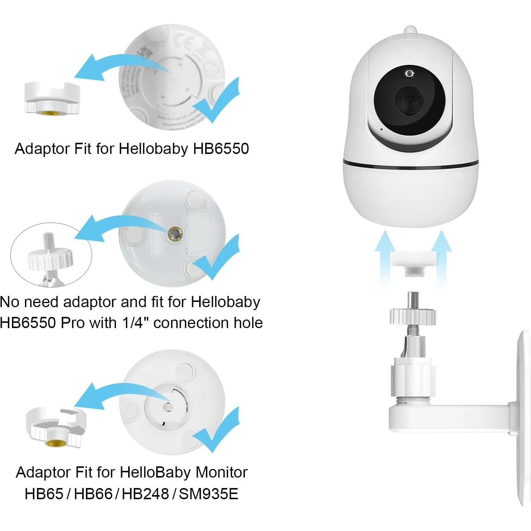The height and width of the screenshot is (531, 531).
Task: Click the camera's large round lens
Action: pyautogui.click(x=409, y=99)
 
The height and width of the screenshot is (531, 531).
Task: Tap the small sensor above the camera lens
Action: pyautogui.click(x=409, y=73)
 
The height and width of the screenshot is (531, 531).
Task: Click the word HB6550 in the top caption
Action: pyautogui.click(x=221, y=149)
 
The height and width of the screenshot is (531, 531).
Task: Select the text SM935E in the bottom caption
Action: pyautogui.click(x=209, y=494)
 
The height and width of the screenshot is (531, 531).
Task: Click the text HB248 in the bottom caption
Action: pyautogui.click(x=145, y=494)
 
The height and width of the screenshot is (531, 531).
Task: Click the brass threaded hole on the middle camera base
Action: pyautogui.click(x=175, y=234)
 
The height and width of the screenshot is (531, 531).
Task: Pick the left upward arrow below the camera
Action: pyautogui.click(x=385, y=258)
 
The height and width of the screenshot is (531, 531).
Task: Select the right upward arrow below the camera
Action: pyautogui.click(x=441, y=258)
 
